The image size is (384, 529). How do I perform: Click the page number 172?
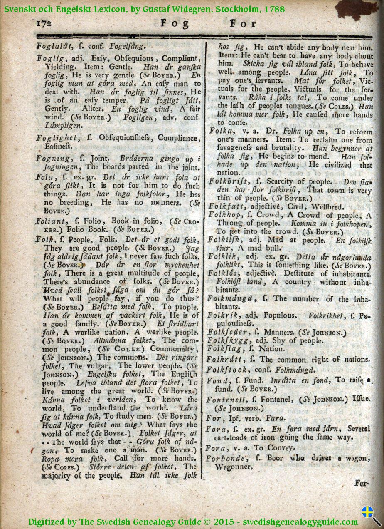44,24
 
